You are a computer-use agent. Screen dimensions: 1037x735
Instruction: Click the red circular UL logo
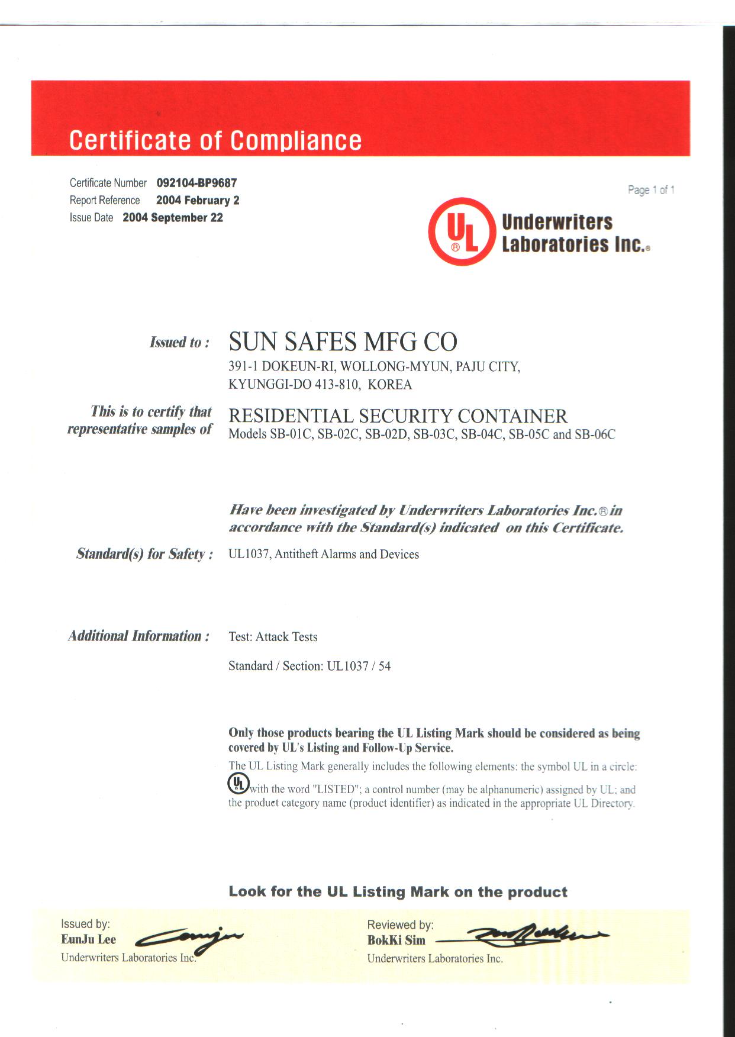[462, 231]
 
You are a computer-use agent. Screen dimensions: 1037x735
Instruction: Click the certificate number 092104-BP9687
[196, 183]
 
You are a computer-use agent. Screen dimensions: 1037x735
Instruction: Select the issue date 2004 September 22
[173, 218]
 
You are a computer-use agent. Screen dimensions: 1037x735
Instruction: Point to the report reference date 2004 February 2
[198, 200]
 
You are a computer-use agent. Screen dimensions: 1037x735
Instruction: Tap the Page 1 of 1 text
[651, 190]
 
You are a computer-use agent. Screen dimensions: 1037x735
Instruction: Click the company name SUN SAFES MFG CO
[343, 342]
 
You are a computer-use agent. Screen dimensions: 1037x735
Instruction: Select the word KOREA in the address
[389, 385]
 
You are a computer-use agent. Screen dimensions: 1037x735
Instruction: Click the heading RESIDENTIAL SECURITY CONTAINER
[398, 416]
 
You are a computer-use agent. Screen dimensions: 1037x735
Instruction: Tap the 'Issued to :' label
[179, 342]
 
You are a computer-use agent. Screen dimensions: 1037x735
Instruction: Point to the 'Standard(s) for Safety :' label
[144, 554]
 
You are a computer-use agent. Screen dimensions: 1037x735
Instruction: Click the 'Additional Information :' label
[138, 636]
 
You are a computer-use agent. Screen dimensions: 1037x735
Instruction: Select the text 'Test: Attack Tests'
[273, 637]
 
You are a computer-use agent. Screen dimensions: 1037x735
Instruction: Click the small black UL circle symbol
[238, 784]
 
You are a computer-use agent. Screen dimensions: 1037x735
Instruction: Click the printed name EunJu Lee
[89, 939]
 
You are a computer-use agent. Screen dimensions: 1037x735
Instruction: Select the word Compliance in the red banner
[296, 140]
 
